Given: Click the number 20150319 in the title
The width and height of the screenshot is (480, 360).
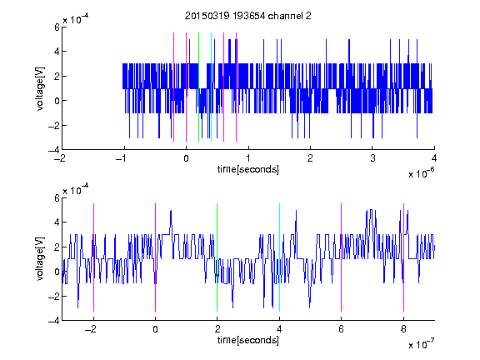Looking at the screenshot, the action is click(207, 16).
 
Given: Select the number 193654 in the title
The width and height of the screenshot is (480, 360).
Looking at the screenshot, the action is click(249, 16).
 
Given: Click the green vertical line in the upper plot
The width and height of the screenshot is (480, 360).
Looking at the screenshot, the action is click(198, 87).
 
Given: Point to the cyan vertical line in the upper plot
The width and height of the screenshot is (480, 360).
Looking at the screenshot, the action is click(211, 87).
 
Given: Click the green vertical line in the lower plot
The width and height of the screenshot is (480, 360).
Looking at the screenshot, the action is click(217, 257).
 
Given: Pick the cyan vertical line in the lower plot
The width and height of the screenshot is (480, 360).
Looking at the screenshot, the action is click(279, 257).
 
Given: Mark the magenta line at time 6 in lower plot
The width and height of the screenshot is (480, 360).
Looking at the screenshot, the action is click(342, 257).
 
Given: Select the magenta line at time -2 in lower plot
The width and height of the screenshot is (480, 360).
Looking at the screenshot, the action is click(93, 257).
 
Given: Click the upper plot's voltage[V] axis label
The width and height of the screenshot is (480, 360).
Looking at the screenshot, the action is click(40, 88).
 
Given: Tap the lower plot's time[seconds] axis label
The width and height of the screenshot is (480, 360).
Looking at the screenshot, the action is click(248, 340).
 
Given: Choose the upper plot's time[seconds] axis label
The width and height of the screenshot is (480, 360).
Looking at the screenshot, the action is click(248, 169).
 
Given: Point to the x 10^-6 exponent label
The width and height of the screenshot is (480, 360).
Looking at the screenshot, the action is click(422, 173).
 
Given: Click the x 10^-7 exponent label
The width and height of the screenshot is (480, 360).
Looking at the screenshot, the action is click(422, 344).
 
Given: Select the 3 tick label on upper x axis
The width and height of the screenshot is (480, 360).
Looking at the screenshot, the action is click(372, 158).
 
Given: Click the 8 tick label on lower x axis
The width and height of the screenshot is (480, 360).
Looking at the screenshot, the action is click(403, 329).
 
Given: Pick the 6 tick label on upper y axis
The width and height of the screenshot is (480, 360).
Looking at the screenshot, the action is click(57, 27).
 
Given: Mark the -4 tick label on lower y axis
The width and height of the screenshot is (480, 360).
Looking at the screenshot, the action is click(54, 321).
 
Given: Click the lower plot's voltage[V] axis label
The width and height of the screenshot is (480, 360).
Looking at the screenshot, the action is click(40, 258).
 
